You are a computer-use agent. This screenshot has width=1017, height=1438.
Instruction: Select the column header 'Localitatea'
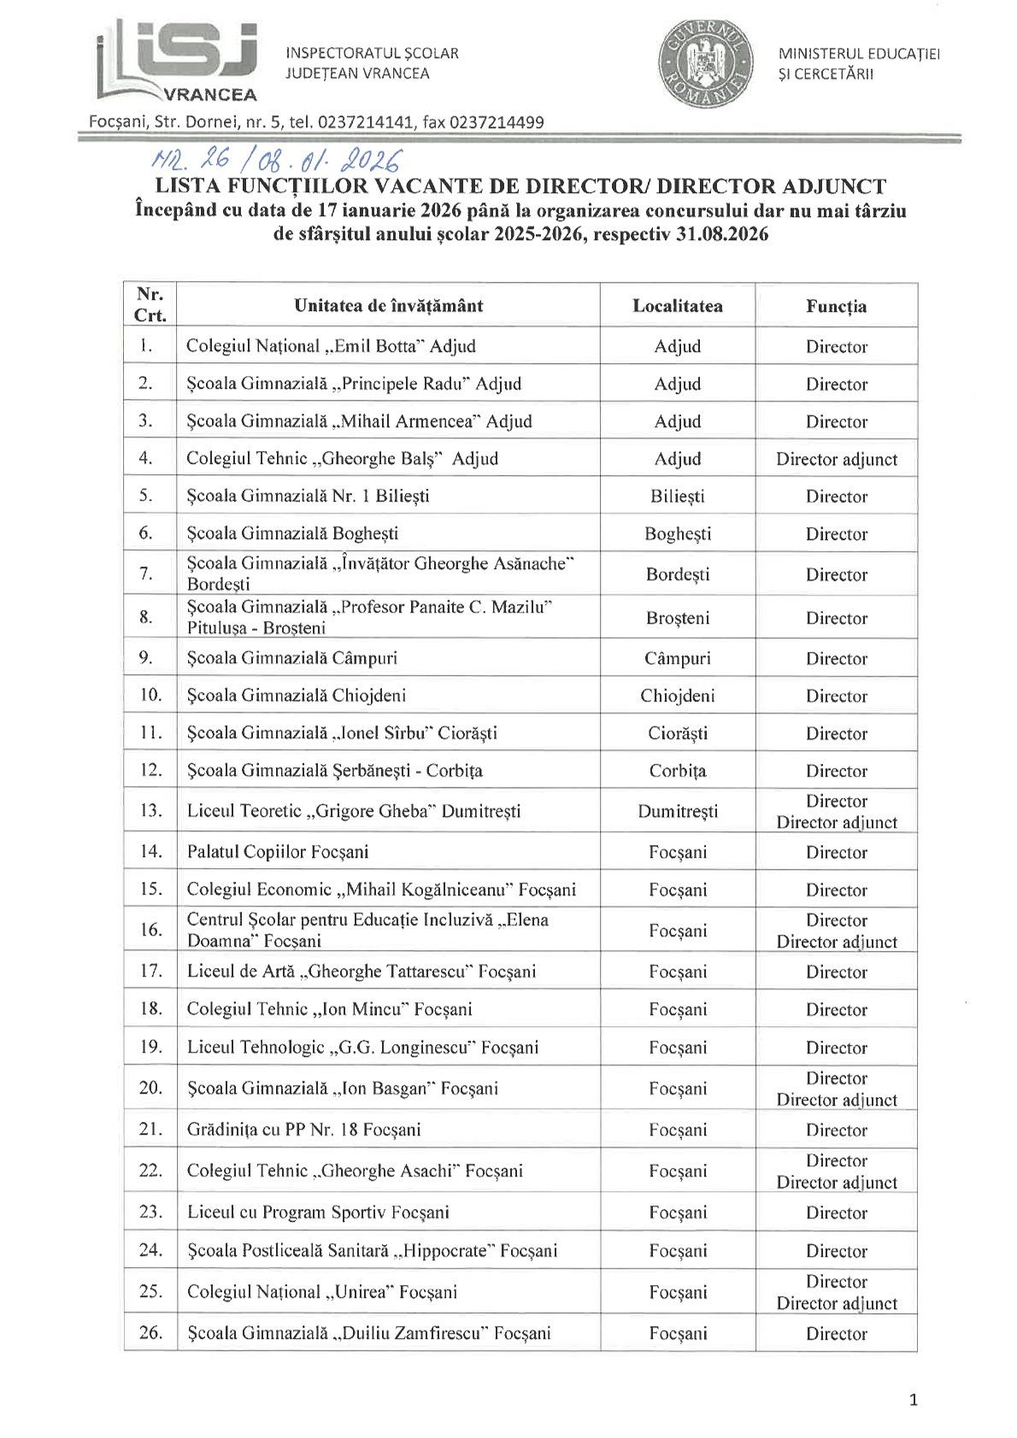677,306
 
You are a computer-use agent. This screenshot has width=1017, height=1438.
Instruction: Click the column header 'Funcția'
836,306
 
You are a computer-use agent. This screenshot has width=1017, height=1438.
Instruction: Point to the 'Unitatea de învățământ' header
389,306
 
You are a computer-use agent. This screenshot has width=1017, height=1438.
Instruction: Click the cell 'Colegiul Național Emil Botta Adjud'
331,346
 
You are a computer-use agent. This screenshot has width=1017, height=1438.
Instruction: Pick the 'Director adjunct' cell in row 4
836,459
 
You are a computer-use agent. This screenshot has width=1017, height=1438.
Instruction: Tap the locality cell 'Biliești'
677,496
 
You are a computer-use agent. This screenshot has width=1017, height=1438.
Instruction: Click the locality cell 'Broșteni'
677,618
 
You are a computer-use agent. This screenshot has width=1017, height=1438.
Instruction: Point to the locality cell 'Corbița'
677,771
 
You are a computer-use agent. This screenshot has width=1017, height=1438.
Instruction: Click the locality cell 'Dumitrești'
677,811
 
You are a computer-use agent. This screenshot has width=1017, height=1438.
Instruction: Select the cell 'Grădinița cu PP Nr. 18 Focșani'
303,1130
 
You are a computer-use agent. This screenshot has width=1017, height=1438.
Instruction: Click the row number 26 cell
150,1332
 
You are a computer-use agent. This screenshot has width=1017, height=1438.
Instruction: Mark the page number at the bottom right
914,1400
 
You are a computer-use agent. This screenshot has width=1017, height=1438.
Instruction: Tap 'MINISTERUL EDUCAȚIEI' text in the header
858,54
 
